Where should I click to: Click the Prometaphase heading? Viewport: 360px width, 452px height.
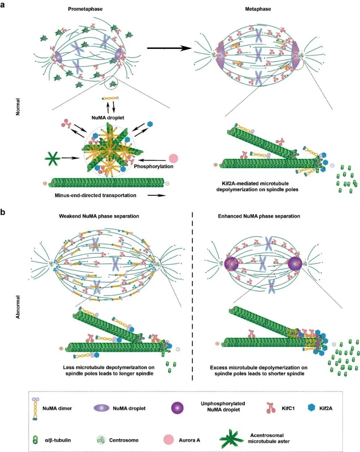click(85, 9)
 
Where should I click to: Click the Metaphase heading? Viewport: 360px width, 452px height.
click(258, 9)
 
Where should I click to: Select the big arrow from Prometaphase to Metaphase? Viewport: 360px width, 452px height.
click(169, 48)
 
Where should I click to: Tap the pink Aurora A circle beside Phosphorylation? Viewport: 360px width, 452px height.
click(174, 159)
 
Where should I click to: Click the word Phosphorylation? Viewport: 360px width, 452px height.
click(154, 167)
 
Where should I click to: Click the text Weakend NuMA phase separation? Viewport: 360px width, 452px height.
click(99, 216)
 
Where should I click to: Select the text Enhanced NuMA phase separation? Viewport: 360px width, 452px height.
click(259, 216)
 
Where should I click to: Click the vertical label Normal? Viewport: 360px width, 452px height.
click(18, 107)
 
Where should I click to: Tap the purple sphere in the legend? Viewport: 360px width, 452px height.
click(177, 408)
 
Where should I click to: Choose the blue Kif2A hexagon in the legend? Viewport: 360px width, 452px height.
click(311, 408)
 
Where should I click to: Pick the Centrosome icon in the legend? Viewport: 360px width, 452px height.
click(101, 440)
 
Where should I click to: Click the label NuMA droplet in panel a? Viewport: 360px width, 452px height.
click(108, 118)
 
